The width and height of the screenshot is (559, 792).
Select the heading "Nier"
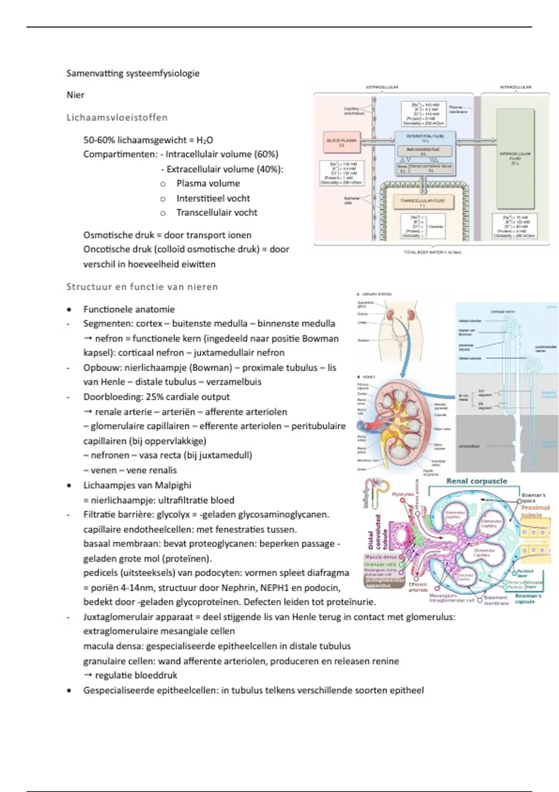75,95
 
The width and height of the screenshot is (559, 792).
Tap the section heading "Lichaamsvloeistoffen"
117,117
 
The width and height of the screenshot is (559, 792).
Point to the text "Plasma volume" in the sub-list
208,184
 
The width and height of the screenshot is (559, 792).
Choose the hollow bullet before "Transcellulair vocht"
163,213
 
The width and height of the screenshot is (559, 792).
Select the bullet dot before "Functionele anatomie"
69,310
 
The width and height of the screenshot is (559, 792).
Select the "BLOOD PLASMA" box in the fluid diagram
342,143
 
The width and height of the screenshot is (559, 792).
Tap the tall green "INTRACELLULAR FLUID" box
515,158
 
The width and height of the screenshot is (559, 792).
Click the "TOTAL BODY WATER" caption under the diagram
432,252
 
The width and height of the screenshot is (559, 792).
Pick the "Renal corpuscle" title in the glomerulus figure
477,481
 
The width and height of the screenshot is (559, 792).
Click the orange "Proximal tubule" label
535,511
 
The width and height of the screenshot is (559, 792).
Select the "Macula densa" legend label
381,557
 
